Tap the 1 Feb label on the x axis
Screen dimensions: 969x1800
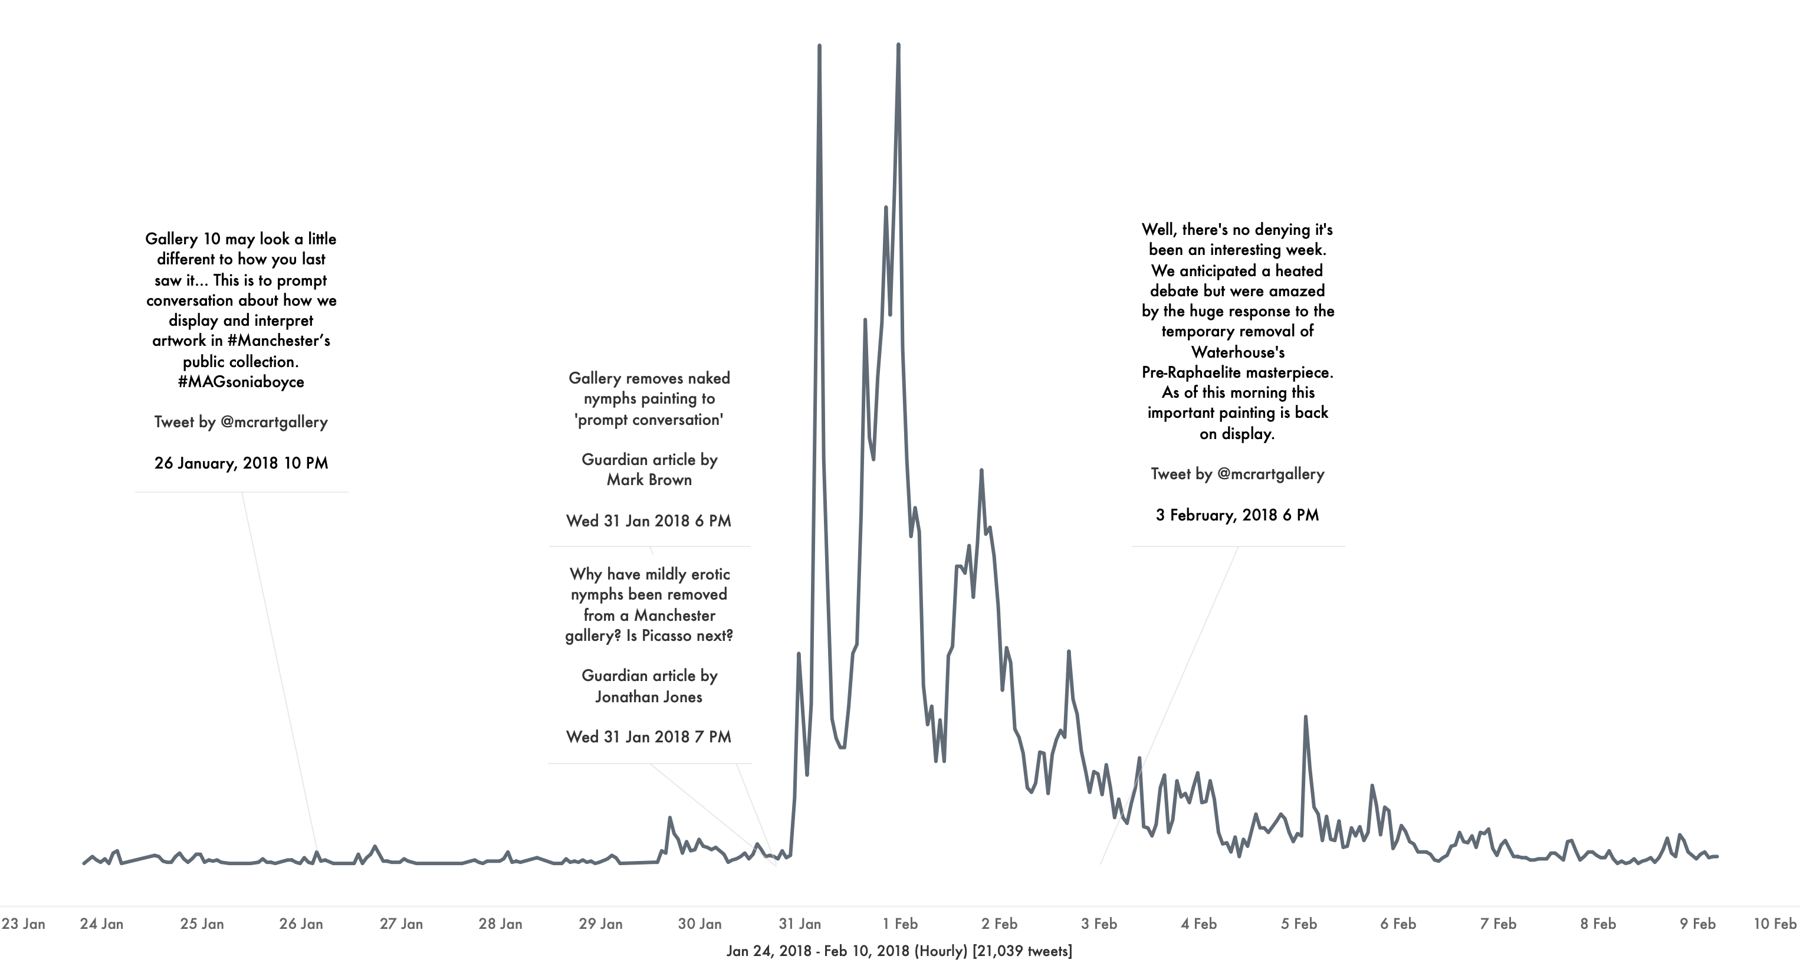[900, 924]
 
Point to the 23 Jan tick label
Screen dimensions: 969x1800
[23, 924]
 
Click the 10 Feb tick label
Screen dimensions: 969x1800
[1774, 924]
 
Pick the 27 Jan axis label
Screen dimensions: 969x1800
[401, 924]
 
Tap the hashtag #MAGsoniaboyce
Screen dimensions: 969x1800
[241, 382]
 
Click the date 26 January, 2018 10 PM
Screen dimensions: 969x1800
[241, 463]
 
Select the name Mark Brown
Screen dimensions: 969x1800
[649, 480]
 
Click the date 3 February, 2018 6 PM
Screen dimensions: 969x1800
[1237, 515]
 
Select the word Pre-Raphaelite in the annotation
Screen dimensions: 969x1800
[1187, 372]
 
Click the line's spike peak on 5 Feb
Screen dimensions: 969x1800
[1305, 718]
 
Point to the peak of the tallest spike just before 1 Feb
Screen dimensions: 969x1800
[898, 45]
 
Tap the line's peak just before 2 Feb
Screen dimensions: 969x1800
[981, 470]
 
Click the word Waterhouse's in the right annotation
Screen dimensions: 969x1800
[1237, 352]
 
